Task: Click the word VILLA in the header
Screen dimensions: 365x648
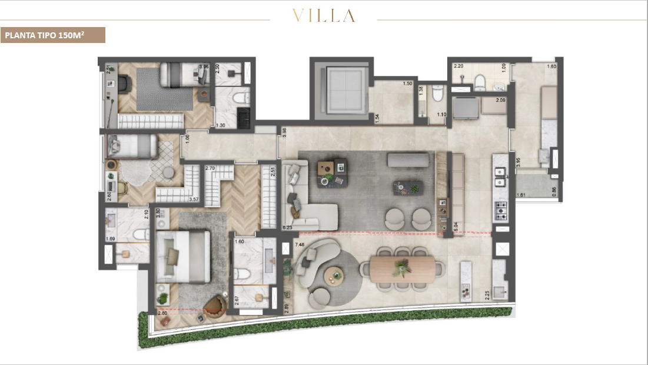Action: [324, 16]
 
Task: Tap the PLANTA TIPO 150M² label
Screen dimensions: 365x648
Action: [52, 35]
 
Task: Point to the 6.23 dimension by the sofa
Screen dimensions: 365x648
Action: [287, 226]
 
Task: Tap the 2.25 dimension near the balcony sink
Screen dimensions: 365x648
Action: [487, 294]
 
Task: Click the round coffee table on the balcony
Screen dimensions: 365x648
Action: [334, 274]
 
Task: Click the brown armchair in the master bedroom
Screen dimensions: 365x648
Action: [217, 303]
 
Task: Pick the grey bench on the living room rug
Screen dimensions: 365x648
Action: [408, 160]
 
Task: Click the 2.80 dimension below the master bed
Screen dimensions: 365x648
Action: [162, 314]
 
